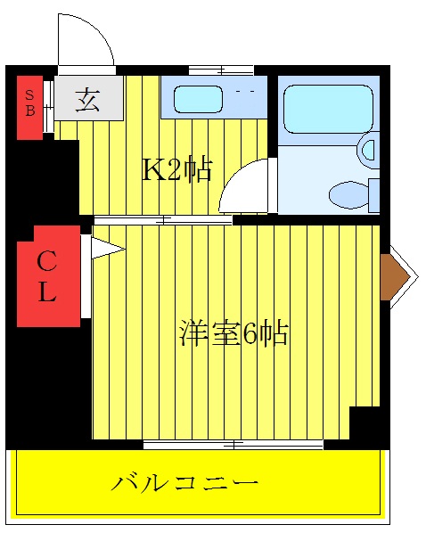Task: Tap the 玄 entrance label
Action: pyautogui.click(x=87, y=100)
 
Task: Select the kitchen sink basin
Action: pyautogui.click(x=197, y=99)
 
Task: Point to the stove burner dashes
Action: pyautogui.click(x=245, y=91)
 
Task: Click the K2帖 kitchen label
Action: pyautogui.click(x=177, y=169)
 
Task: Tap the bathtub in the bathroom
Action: pyautogui.click(x=327, y=109)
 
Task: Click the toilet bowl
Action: pyautogui.click(x=348, y=193)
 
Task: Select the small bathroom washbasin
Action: pyautogui.click(x=368, y=149)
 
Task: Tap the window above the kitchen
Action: pyautogui.click(x=221, y=70)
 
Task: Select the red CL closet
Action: pyautogui.click(x=48, y=276)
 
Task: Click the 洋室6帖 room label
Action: pyautogui.click(x=233, y=333)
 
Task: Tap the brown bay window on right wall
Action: pyautogui.click(x=392, y=277)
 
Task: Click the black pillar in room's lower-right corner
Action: pyautogui.click(x=365, y=423)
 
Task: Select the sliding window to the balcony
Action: pyautogui.click(x=233, y=443)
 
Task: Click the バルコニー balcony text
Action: pyautogui.click(x=184, y=483)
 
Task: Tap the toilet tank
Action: pyautogui.click(x=374, y=194)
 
